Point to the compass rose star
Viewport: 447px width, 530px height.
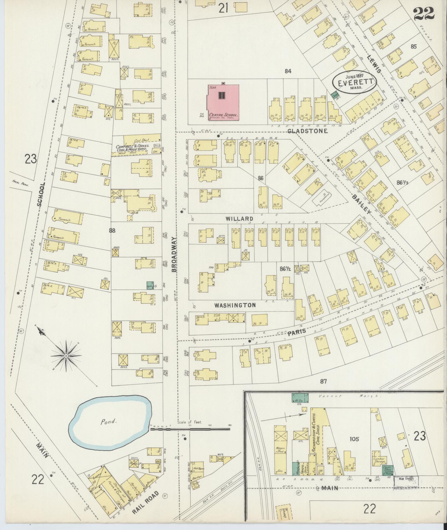[67, 355]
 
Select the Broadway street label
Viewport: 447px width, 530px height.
[174, 255]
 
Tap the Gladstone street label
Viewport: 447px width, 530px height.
[308, 131]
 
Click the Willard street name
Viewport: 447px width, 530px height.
[239, 219]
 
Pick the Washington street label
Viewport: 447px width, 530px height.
[235, 305]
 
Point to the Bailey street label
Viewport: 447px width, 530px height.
[361, 204]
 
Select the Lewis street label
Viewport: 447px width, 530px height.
[374, 63]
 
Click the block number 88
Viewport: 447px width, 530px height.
[112, 230]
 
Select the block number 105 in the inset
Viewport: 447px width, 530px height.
[354, 439]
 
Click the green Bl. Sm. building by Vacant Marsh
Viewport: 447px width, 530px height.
[300, 398]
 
